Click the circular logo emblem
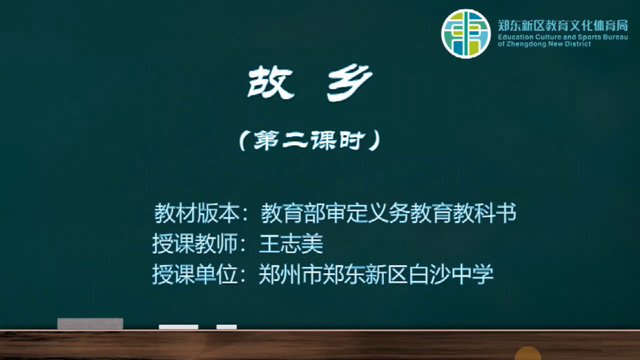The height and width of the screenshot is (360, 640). pyautogui.click(x=466, y=33)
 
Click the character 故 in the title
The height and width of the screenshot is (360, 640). pyautogui.click(x=271, y=83)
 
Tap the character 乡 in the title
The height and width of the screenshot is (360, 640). pyautogui.click(x=349, y=83)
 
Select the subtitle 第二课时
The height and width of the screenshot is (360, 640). pyautogui.click(x=309, y=141)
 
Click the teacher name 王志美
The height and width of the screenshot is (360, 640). pyautogui.click(x=291, y=244)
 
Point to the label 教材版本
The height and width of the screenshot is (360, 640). pyautogui.click(x=197, y=213)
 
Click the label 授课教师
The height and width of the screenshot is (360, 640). pyautogui.click(x=195, y=244)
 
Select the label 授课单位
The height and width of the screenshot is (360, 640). pyautogui.click(x=195, y=274)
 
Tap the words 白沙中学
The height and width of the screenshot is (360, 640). pyautogui.click(x=451, y=274)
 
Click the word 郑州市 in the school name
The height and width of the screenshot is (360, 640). pyautogui.click(x=291, y=274)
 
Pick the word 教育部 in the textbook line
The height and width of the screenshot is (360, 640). pyautogui.click(x=293, y=213)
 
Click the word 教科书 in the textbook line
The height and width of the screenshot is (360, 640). pyautogui.click(x=485, y=213)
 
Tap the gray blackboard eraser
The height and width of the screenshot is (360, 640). pyautogui.click(x=90, y=324)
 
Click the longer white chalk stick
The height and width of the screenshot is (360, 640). pyautogui.click(x=179, y=327)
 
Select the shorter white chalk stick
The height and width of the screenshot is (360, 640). pyautogui.click(x=227, y=327)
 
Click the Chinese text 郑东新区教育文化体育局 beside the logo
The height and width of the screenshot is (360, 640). pyautogui.click(x=563, y=26)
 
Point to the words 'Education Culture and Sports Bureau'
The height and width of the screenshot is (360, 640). pyautogui.click(x=563, y=37)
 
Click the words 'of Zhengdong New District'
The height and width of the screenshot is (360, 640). pyautogui.click(x=544, y=44)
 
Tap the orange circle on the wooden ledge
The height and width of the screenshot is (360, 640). pyautogui.click(x=528, y=353)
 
